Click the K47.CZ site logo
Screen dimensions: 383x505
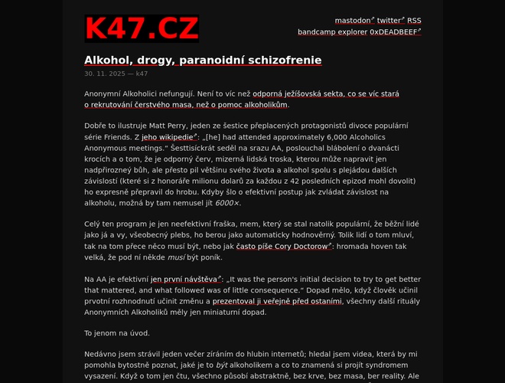142,28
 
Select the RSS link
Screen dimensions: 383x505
414,20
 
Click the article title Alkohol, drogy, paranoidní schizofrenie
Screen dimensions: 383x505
203,60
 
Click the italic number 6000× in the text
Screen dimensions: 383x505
227,203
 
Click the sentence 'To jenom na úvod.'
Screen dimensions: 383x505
117,333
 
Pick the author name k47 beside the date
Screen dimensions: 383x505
142,74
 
